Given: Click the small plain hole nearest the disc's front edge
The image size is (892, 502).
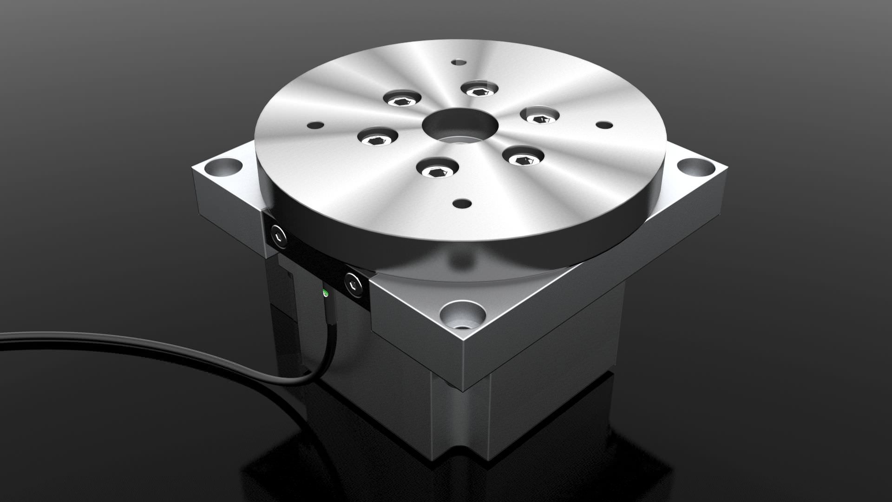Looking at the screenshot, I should coord(461,204).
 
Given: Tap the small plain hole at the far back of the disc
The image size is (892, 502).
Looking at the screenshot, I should coord(459,61).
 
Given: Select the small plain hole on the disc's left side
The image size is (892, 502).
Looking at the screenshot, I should coord(315,125).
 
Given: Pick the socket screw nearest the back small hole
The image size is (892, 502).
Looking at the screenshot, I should coord(479,89).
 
